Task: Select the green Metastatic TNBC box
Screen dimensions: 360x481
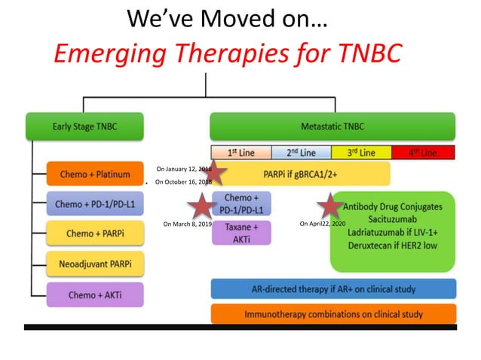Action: (x=332, y=127)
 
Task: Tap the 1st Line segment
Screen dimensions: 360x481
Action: (x=240, y=153)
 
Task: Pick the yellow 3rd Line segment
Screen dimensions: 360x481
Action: (x=363, y=153)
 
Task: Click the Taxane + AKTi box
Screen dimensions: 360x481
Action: (x=241, y=232)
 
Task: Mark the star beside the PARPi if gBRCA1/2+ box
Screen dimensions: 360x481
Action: (x=216, y=173)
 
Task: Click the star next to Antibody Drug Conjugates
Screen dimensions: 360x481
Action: (x=329, y=206)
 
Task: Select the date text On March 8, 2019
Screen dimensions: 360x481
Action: (x=187, y=224)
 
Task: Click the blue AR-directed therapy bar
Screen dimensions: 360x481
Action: (x=333, y=289)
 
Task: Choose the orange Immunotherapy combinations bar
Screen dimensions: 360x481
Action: (x=333, y=313)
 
